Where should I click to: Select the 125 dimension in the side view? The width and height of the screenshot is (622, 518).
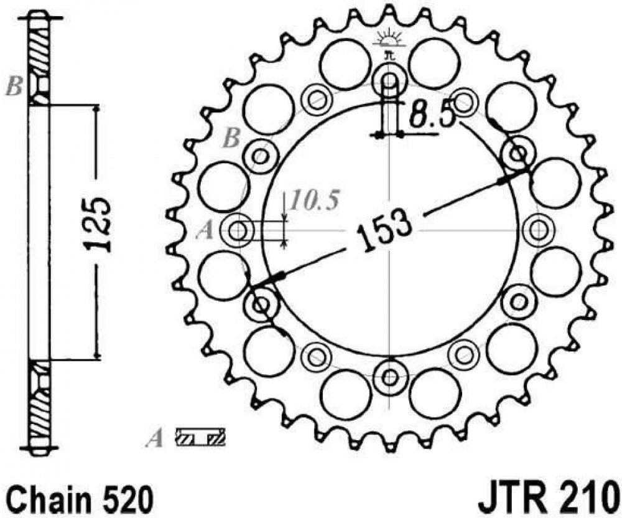[97, 224]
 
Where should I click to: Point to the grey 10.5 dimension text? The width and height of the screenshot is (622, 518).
[315, 200]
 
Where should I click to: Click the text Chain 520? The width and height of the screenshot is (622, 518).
[80, 496]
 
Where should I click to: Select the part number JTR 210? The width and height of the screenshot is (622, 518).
[550, 496]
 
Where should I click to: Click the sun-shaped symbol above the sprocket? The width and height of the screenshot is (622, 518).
[390, 38]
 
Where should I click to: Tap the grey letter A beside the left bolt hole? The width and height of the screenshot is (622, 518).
[207, 231]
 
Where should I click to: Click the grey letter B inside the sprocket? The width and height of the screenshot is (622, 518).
[232, 139]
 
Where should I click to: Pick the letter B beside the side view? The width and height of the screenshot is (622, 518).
[14, 86]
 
